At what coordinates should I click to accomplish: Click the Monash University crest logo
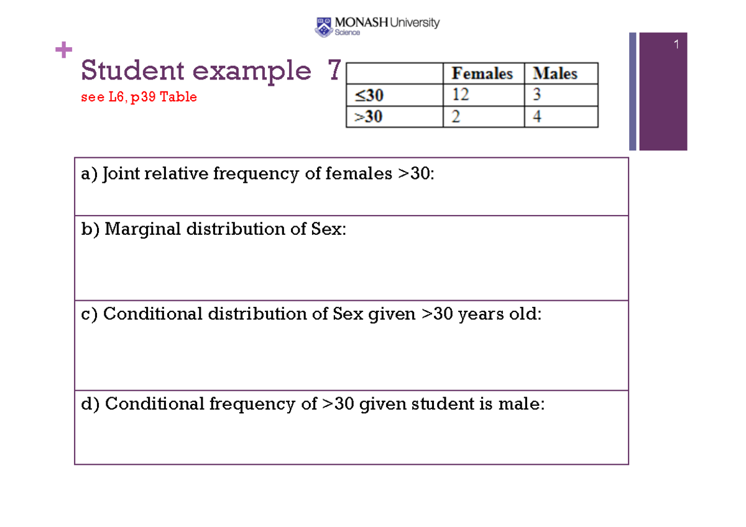point(324,26)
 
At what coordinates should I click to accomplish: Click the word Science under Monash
point(348,33)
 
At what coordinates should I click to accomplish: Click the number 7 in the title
point(334,71)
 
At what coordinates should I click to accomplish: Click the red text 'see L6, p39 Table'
point(139,98)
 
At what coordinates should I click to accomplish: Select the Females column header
point(482,74)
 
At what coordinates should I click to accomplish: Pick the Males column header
point(555,74)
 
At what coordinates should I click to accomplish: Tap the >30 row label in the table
point(369,117)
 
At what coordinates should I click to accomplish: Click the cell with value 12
point(461,95)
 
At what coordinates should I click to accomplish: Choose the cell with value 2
point(456,117)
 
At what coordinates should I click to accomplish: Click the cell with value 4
point(537,117)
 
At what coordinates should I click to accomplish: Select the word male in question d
point(519,405)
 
